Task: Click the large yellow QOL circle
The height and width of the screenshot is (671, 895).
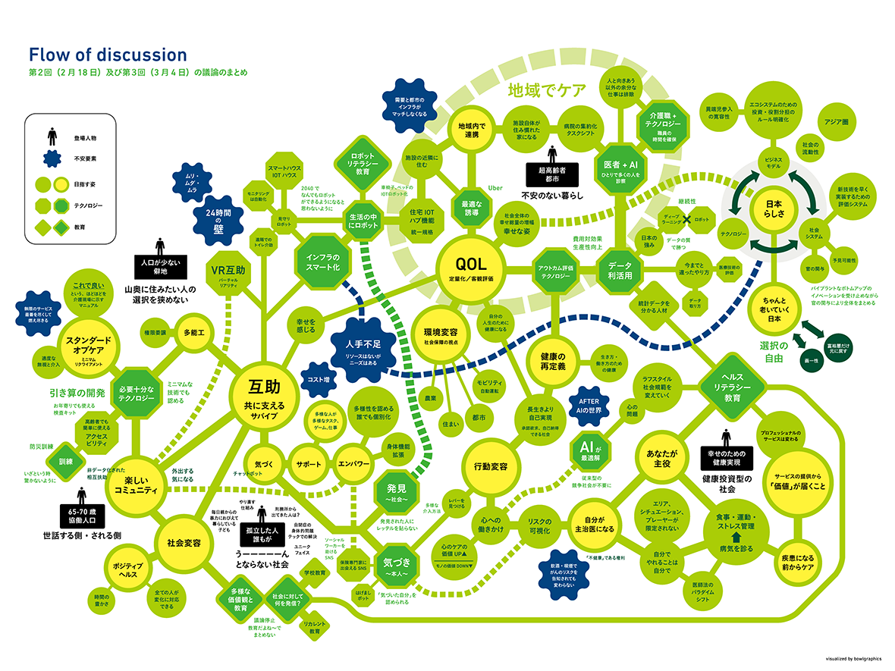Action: pyautogui.click(x=470, y=268)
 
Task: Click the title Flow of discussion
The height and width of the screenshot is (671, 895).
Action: pyautogui.click(x=107, y=55)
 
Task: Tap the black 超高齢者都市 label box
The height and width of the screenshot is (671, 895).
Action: pyautogui.click(x=551, y=173)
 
